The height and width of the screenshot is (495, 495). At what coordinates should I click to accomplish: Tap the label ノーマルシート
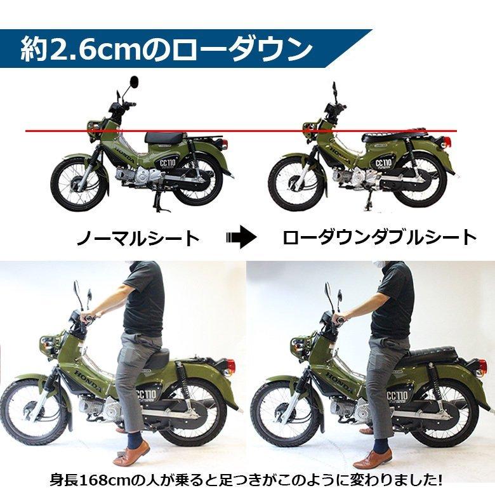[x=138, y=238]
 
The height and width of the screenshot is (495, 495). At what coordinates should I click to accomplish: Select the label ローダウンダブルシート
[x=379, y=238]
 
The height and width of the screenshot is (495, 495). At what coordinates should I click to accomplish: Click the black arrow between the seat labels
[x=241, y=238]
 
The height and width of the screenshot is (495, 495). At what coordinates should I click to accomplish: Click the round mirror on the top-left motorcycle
[x=134, y=83]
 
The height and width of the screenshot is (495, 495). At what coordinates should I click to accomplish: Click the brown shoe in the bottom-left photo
[x=131, y=453]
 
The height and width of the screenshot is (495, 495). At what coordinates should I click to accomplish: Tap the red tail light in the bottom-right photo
[x=480, y=366]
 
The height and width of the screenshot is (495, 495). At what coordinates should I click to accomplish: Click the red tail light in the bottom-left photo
[x=230, y=366]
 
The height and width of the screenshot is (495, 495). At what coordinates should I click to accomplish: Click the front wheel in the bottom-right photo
[x=279, y=412]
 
